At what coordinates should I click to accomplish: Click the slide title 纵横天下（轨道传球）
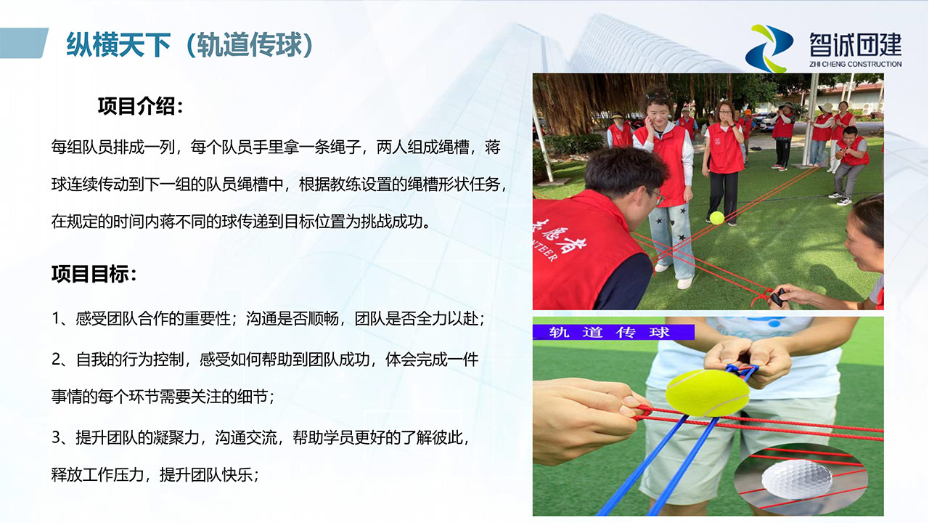tap(190, 45)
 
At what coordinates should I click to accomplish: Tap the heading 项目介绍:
tap(141, 106)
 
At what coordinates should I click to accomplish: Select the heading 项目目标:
tap(94, 274)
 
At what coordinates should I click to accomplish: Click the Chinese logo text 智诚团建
tap(855, 45)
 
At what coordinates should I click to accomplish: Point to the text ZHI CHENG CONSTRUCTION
tap(855, 65)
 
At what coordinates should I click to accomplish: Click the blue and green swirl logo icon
tap(769, 49)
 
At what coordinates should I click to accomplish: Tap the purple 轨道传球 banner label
tap(613, 333)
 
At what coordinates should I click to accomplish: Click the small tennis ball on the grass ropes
tap(716, 218)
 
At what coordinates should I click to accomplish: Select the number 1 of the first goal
tap(56, 319)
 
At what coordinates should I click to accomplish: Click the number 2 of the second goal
tap(57, 360)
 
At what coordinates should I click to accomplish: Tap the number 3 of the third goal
tap(57, 437)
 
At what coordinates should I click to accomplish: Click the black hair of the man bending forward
tap(622, 170)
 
